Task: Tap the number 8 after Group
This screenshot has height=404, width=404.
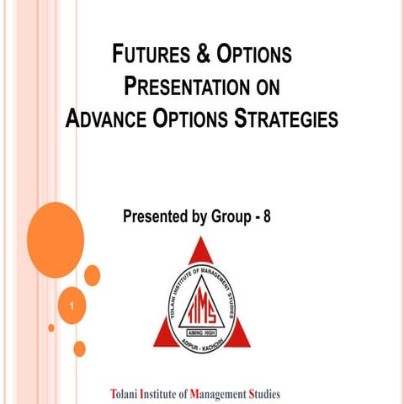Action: pos(268,216)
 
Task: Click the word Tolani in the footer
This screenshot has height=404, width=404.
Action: pos(127,393)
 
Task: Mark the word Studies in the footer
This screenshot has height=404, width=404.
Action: pos(265,393)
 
